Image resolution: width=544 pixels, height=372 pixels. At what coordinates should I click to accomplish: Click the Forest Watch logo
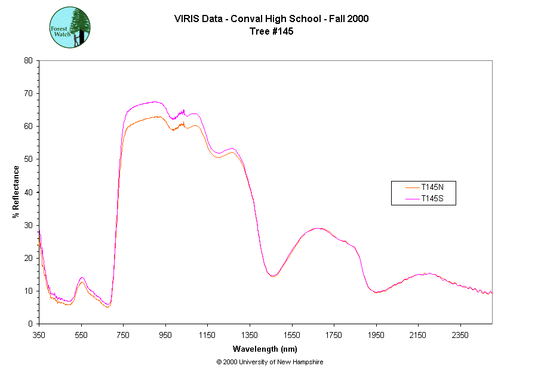69,28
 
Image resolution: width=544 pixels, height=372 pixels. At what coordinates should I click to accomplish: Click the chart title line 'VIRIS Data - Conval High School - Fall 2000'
271,19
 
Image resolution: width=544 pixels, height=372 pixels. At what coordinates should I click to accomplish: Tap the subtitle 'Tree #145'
271,32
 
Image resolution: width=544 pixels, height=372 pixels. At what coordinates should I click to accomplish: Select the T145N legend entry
432,187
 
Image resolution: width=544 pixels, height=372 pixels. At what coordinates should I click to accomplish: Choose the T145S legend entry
432,198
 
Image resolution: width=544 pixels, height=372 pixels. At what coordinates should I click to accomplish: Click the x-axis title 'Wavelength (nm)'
265,349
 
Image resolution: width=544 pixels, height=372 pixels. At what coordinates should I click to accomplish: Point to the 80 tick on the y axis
28,60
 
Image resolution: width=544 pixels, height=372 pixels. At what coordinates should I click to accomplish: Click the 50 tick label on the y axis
28,159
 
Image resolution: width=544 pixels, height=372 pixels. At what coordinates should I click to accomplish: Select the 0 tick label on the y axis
30,324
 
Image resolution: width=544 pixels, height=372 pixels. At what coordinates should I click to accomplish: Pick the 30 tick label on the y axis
28,225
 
